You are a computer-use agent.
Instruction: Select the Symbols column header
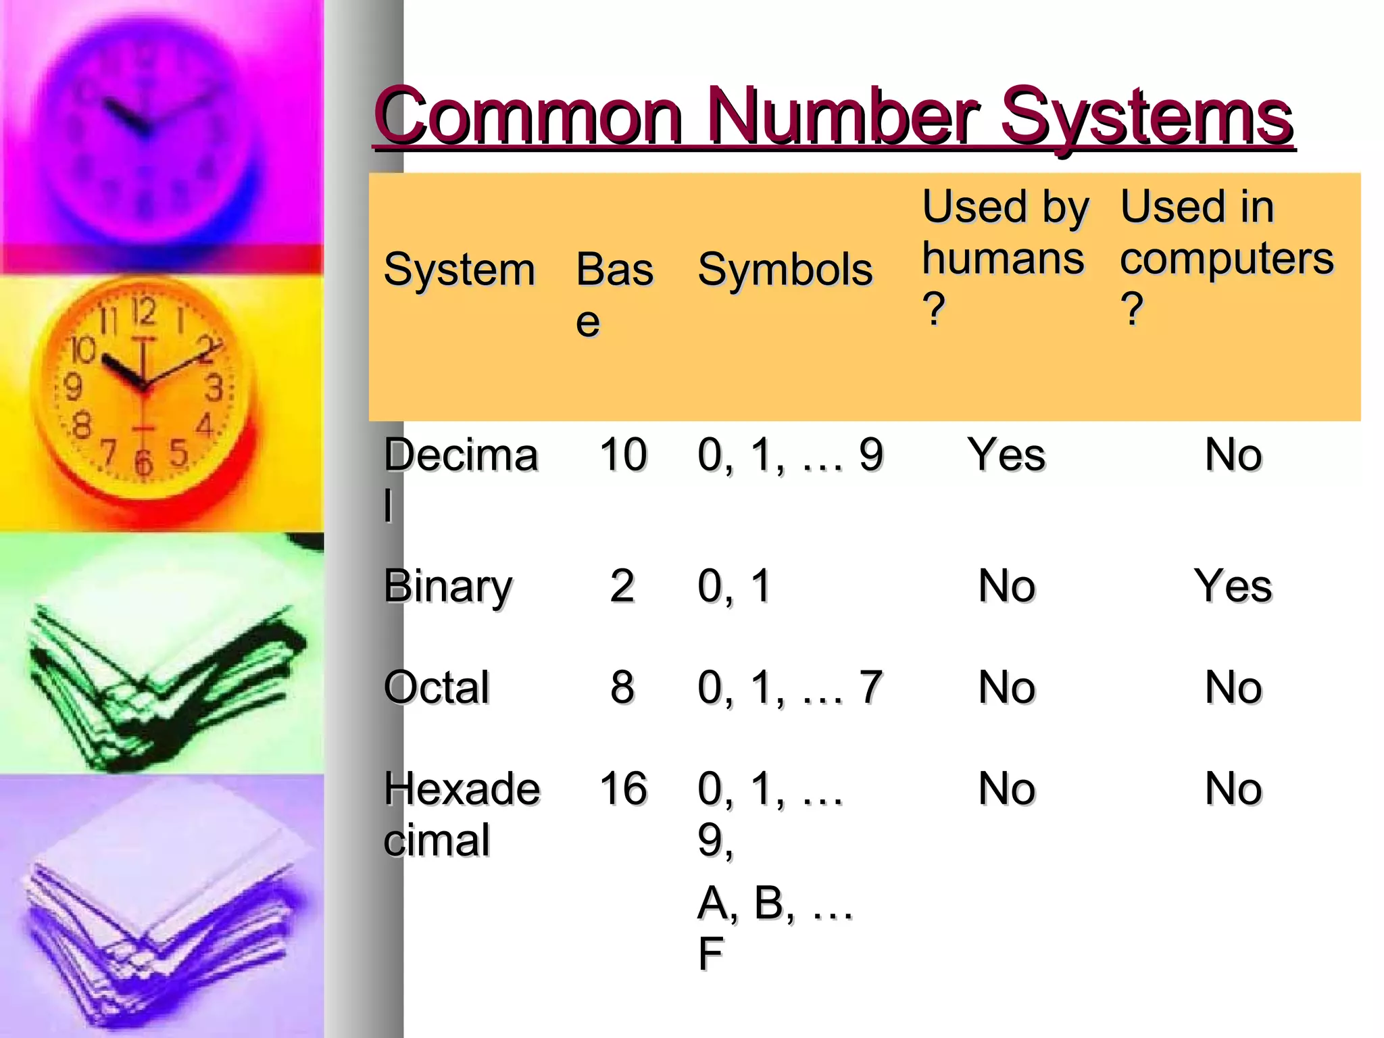tap(785, 270)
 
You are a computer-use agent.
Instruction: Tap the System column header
tap(459, 270)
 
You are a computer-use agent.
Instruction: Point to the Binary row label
tap(447, 587)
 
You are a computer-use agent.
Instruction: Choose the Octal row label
tap(437, 687)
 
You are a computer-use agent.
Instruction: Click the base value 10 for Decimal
tap(622, 454)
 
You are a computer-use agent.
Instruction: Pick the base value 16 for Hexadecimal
tap(622, 788)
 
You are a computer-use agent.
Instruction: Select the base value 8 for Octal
tap(622, 687)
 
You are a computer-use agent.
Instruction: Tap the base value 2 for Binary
tap(622, 586)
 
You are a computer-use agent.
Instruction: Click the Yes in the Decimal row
tap(1006, 454)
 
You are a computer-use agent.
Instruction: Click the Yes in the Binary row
tap(1233, 586)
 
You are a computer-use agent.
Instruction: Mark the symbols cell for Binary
tap(734, 586)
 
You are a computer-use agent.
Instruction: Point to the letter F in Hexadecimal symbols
tap(710, 954)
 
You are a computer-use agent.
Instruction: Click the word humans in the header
tap(1003, 259)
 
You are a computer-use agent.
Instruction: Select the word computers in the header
tap(1227, 259)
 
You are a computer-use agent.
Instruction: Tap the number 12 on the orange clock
tap(144, 312)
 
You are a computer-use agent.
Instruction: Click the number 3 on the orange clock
tap(214, 388)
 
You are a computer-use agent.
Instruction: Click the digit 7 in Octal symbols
tap(870, 687)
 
